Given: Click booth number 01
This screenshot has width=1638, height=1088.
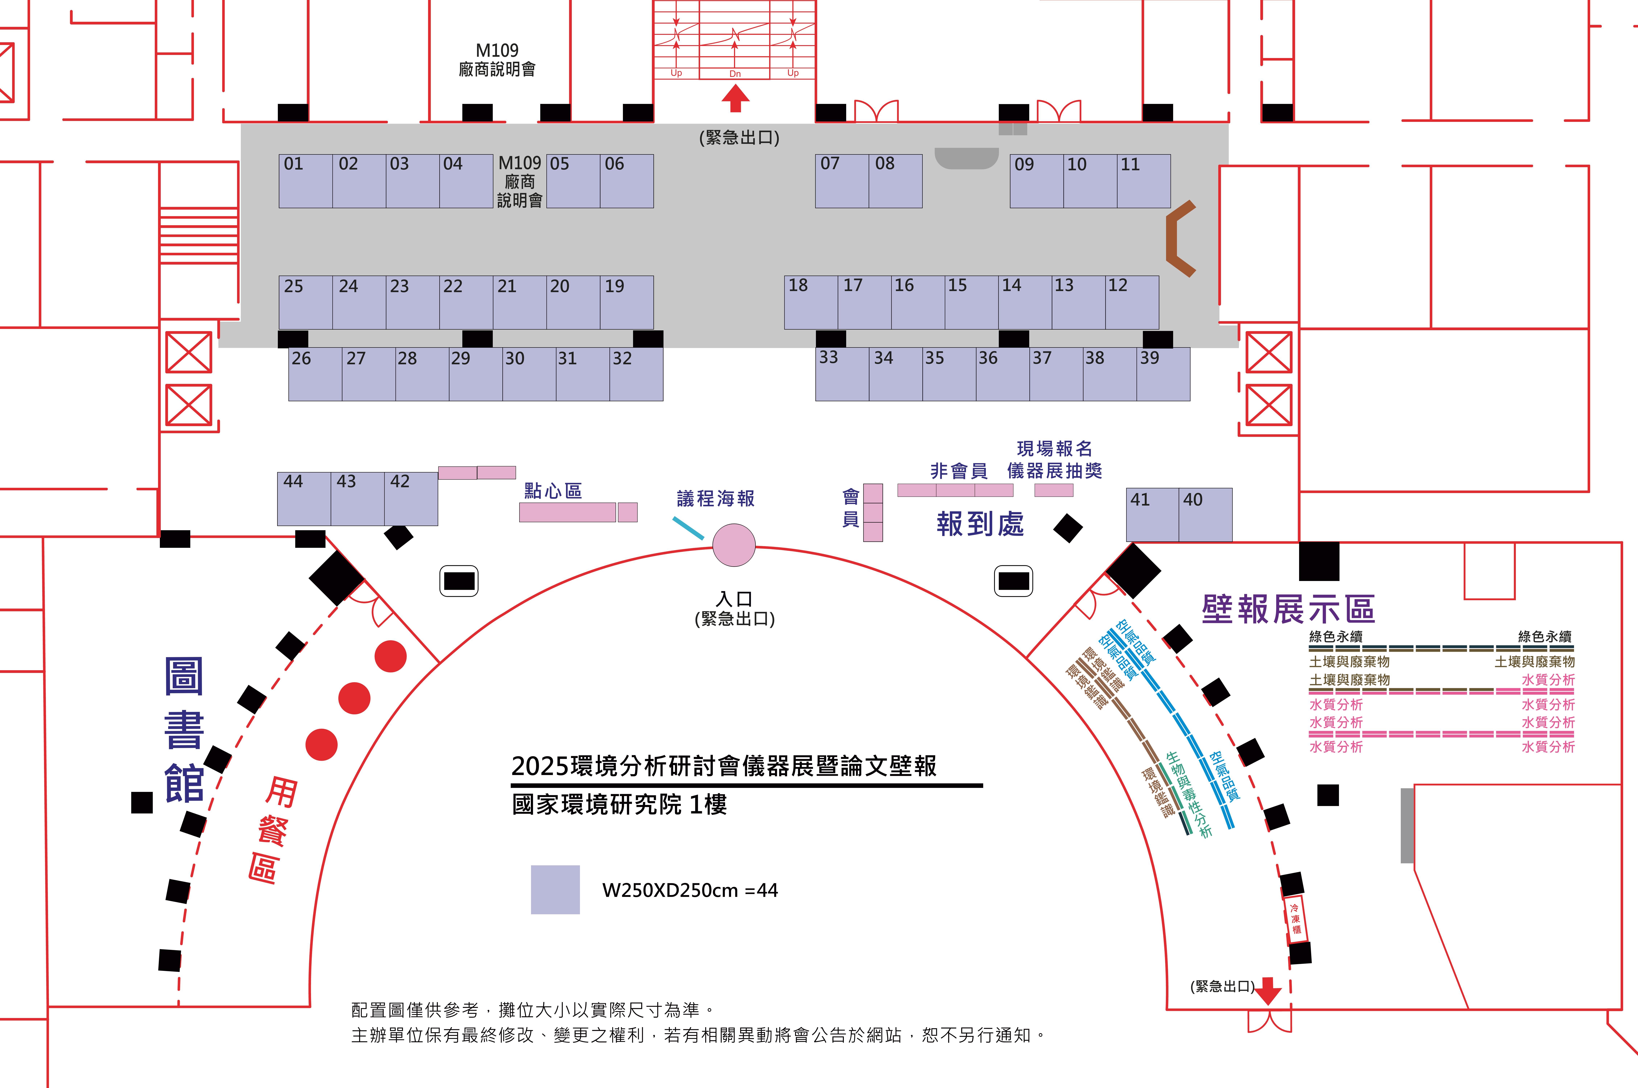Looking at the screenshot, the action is coord(306,181).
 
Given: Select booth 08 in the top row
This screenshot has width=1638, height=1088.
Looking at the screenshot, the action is coord(895,181).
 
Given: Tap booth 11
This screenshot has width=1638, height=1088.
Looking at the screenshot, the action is coord(1144,181).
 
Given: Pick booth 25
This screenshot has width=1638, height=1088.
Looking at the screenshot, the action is coord(306,302).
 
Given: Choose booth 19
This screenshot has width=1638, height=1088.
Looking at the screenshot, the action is coord(627,302).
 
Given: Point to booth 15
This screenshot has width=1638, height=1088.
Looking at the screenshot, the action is coord(972,302).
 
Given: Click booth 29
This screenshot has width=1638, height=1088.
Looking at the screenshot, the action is coord(476,374).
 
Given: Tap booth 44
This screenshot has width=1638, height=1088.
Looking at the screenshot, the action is coord(304,499).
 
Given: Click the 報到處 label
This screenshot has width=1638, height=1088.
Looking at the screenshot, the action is coord(980,524).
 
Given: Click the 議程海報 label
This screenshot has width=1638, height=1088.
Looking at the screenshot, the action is coord(716,498).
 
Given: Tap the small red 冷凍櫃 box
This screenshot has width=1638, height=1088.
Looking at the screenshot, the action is coord(1295,919).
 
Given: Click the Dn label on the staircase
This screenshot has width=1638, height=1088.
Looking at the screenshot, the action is coord(735,74).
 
